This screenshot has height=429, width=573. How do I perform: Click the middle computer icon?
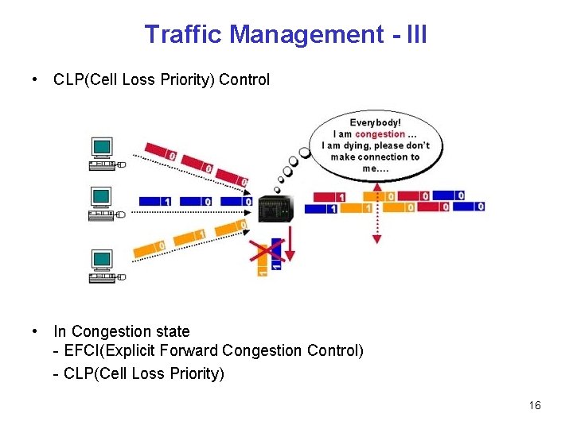click(x=103, y=205)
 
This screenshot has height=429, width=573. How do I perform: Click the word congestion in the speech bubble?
click(x=380, y=134)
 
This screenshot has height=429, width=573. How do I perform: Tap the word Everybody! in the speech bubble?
click(x=376, y=123)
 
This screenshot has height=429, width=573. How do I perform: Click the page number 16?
click(x=534, y=406)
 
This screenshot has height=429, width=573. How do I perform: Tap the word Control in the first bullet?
click(x=244, y=80)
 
